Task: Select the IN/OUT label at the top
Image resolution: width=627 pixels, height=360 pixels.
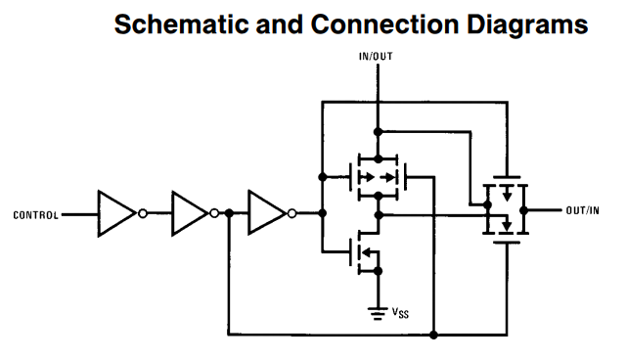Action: tap(378, 58)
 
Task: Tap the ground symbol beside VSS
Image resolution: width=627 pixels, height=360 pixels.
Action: tap(378, 312)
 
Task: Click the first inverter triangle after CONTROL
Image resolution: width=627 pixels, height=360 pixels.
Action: tap(116, 213)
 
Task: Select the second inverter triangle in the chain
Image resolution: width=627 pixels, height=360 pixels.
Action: tap(190, 213)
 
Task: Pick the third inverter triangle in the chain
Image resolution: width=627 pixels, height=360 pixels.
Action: tap(265, 213)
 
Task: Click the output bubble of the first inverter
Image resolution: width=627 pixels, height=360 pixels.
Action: tap(142, 213)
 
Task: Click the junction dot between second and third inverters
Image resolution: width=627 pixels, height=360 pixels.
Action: tap(228, 213)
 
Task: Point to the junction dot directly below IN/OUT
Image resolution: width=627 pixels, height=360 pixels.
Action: tap(378, 130)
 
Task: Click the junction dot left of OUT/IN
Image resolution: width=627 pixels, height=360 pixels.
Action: tap(525, 209)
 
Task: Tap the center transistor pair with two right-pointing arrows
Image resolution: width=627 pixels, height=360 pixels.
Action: tap(378, 178)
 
